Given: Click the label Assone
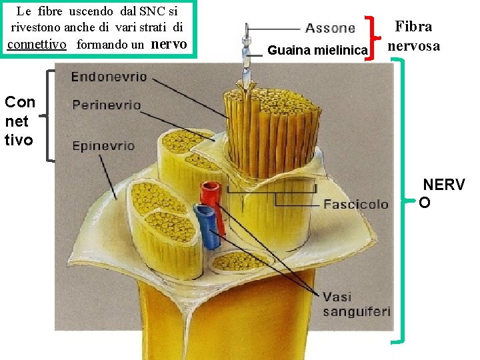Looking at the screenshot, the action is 329,28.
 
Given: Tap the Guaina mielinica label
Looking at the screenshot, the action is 317,50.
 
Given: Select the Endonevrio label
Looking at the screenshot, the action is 109,77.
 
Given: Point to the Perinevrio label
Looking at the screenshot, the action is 107,105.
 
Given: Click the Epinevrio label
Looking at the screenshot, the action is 103,145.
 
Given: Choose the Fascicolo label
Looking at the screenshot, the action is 355,204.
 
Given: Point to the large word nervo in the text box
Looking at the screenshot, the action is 169,44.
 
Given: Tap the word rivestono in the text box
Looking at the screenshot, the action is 37,28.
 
